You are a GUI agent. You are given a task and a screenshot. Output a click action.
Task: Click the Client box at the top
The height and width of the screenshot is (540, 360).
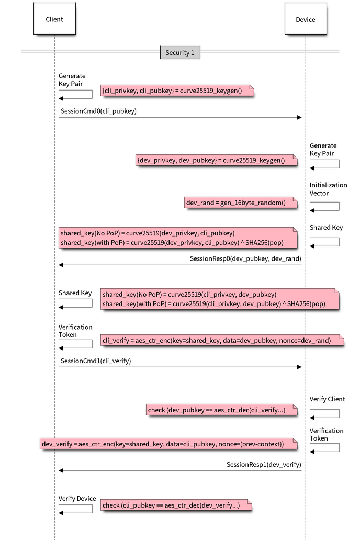tap(54, 19)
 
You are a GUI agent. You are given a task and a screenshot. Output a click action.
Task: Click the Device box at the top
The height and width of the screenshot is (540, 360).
tap(305, 19)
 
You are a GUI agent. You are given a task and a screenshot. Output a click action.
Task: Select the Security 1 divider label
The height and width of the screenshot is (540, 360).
tap(179, 52)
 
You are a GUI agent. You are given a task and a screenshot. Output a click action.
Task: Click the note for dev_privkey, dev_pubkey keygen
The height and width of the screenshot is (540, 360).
tap(216, 160)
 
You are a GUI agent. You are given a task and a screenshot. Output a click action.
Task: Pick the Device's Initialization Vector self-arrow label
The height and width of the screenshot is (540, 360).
tap(328, 189)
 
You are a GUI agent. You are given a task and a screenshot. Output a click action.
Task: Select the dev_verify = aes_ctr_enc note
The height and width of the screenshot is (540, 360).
tap(168, 444)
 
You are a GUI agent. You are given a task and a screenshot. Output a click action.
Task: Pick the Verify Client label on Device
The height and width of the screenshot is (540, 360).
tap(327, 399)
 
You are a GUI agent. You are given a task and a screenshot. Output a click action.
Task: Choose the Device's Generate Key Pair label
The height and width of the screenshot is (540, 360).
tap(322, 149)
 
